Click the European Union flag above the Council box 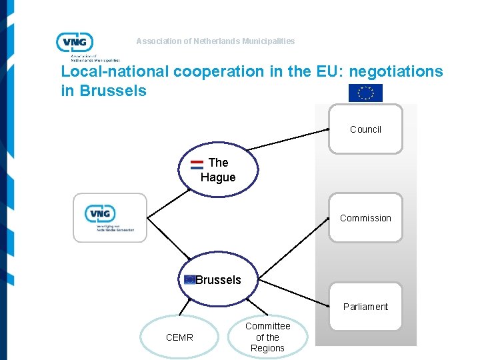point(365,93)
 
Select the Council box point(365,129)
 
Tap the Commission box point(365,217)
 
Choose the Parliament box point(365,307)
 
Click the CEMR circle point(179,337)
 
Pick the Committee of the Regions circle point(267,337)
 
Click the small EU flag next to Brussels point(190,280)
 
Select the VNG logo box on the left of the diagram point(109,217)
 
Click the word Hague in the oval point(218,177)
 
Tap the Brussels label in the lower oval point(219,280)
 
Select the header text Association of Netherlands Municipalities point(215,41)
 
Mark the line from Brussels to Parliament point(293,291)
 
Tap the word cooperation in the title point(218,71)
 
